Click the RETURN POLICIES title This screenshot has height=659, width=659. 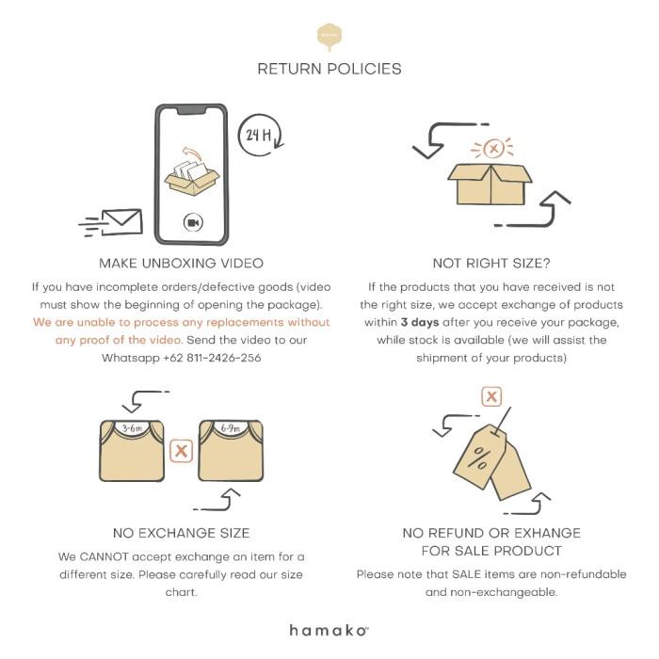tap(329, 69)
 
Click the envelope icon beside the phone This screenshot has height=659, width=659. tap(121, 222)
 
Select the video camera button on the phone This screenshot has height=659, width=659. tap(193, 222)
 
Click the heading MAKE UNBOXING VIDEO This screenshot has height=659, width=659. tap(181, 264)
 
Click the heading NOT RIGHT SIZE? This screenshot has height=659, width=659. tap(491, 264)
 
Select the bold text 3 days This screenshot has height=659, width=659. tap(420, 322)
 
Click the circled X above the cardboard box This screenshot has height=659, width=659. tap(493, 149)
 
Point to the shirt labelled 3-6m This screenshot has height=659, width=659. tap(132, 451)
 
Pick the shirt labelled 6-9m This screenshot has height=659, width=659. tap(231, 451)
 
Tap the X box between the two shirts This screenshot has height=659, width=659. tap(181, 451)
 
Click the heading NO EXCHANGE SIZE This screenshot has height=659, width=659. tap(181, 534)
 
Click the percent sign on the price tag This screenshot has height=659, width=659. tap(478, 458)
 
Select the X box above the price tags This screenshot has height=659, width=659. tap(491, 396)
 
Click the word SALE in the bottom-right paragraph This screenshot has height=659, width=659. tap(466, 574)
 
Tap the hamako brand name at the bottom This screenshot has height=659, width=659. tap(329, 631)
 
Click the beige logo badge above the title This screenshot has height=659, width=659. tap(329, 37)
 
